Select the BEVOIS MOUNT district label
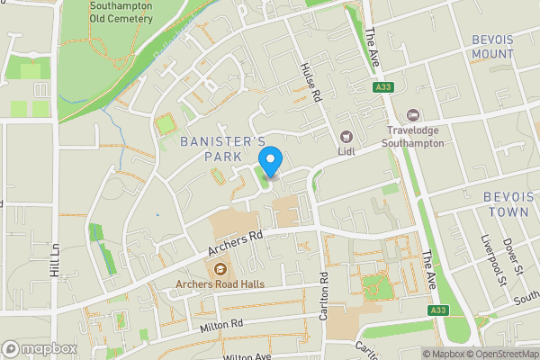492,47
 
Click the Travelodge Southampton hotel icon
413,114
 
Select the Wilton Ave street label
247,356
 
